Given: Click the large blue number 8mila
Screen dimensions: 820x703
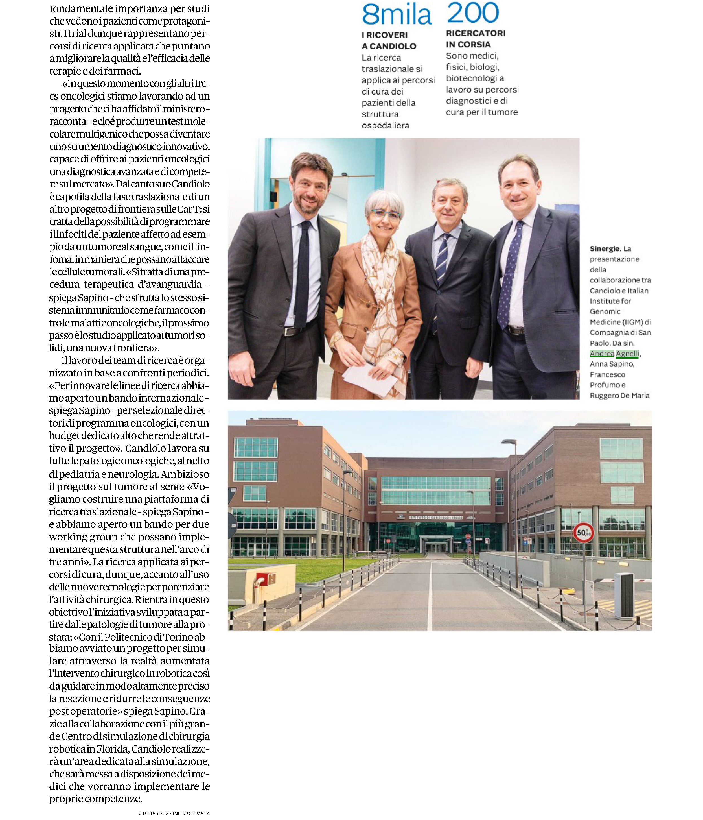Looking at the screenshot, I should [x=397, y=15].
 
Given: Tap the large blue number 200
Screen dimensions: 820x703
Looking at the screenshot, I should [x=473, y=13].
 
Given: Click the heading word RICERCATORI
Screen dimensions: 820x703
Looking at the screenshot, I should [x=476, y=33].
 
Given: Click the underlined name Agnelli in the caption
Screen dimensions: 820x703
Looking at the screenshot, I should [x=627, y=354].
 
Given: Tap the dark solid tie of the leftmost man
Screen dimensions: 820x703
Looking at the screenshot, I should [x=303, y=273].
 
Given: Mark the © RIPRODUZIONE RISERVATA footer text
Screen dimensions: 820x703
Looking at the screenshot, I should [x=173, y=814].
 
